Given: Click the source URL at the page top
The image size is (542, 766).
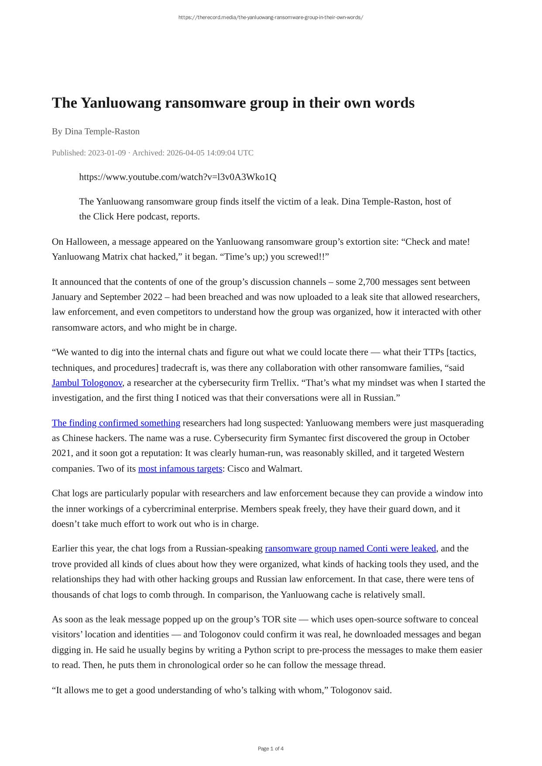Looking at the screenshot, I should (x=271, y=17).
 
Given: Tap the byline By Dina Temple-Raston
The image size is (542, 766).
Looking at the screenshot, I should (x=96, y=131).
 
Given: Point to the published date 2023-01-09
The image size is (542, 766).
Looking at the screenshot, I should (x=107, y=153).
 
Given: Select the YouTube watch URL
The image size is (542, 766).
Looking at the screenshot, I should (x=178, y=177).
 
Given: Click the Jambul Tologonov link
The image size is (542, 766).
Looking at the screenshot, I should (x=87, y=383).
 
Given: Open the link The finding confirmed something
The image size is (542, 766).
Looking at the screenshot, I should (x=116, y=423).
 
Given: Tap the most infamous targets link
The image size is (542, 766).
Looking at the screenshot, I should (x=180, y=468).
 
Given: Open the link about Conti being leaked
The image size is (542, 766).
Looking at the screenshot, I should (x=350, y=548).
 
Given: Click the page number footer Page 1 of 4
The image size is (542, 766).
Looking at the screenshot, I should (x=271, y=749).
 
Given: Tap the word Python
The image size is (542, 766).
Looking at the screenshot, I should (x=257, y=650).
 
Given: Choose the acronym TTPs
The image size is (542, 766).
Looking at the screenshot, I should (x=436, y=352).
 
